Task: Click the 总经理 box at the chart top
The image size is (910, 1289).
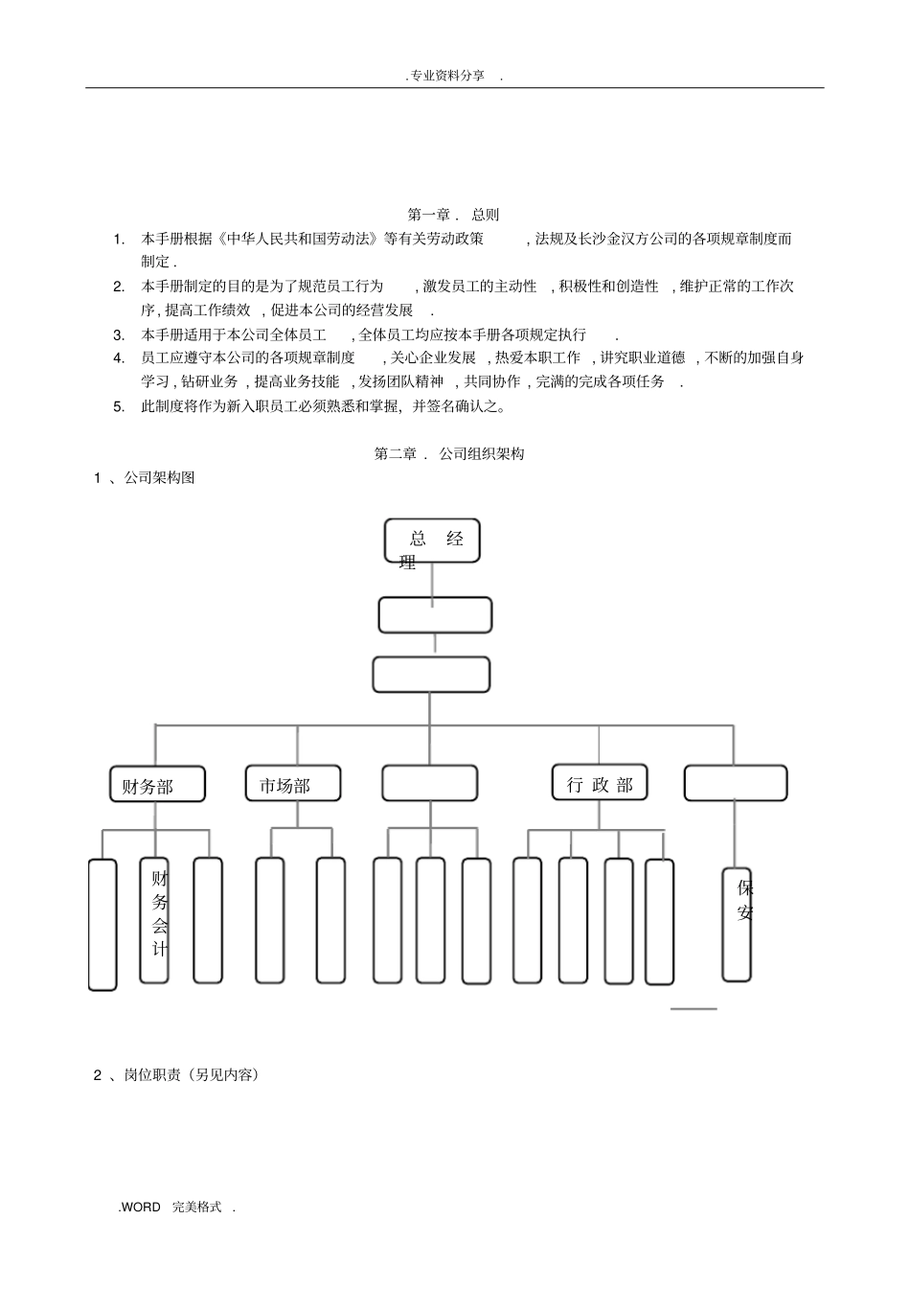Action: pos(431,541)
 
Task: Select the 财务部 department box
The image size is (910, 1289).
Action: pos(156,785)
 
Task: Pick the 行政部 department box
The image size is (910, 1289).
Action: pos(600,783)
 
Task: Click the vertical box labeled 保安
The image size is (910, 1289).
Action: pos(737,924)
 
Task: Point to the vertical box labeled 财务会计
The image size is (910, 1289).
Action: pos(154,920)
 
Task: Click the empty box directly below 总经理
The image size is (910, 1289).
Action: pos(435,615)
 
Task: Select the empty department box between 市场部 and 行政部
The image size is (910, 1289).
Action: pos(429,783)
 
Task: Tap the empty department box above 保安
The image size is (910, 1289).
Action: pos(735,783)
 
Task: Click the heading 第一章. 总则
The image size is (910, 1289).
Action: pos(453,215)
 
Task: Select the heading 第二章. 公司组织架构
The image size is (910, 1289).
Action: pos(449,454)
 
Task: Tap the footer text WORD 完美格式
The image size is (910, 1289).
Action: pos(176,1208)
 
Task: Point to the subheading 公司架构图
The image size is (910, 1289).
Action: pos(159,477)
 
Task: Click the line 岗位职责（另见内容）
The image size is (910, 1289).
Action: pos(192,1075)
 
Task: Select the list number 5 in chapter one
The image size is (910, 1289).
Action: pos(119,406)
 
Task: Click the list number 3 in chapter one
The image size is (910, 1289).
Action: pos(119,335)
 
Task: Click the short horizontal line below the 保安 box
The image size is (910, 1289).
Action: pos(694,1008)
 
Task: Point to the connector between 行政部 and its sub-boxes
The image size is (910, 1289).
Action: pos(600,816)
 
